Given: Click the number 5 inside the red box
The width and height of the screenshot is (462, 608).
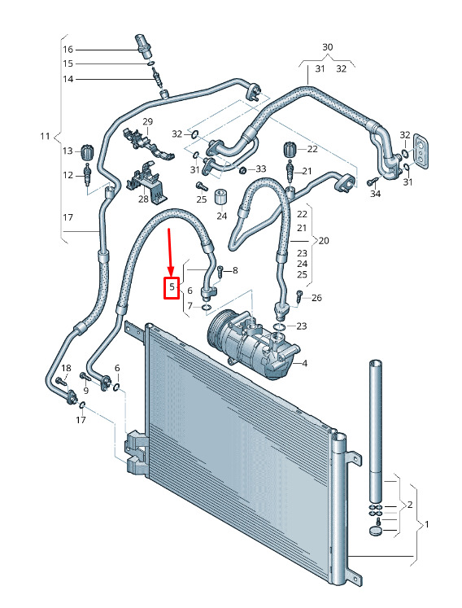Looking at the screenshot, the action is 172,287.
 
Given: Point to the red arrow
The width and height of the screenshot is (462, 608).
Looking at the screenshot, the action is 169,253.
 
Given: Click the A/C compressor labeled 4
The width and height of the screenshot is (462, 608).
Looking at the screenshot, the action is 252,346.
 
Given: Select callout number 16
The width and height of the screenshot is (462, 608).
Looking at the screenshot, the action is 68,50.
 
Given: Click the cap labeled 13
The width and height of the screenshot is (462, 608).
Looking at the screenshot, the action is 87,151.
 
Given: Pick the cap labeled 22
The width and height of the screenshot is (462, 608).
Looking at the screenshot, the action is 290,150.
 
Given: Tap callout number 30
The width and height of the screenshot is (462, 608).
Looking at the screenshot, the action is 328,47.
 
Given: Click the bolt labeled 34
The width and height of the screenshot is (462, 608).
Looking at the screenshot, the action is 373,182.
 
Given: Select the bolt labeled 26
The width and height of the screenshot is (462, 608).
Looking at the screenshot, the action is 299,296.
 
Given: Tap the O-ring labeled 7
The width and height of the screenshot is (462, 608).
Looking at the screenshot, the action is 207,308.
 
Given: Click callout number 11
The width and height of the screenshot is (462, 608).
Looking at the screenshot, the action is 45,136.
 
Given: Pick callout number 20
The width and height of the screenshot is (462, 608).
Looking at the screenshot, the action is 324,240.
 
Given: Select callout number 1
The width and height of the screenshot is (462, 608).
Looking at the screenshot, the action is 427,525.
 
